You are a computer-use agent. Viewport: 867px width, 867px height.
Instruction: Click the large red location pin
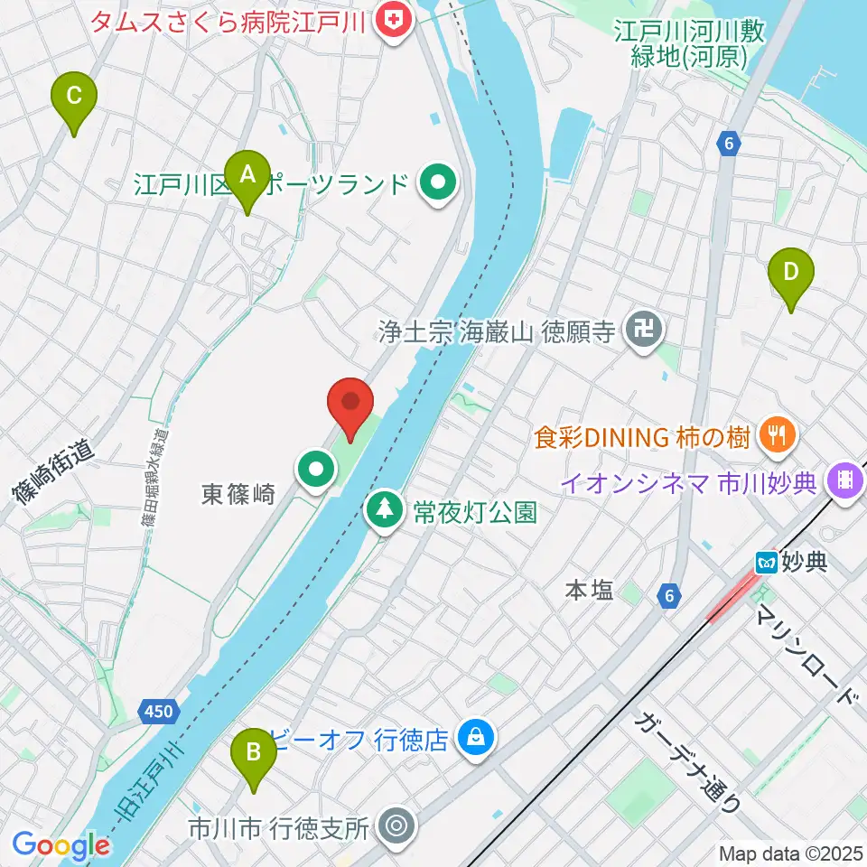pos(350,404)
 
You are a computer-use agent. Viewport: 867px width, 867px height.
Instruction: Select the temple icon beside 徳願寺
pos(646,331)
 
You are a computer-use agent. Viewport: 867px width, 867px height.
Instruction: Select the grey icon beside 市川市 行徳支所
pos(396,825)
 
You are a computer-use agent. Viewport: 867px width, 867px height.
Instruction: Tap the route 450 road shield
pos(157,712)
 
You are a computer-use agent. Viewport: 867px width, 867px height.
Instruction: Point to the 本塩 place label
pos(589,591)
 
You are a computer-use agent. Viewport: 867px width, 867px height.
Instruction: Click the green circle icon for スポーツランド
pos(438,185)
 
